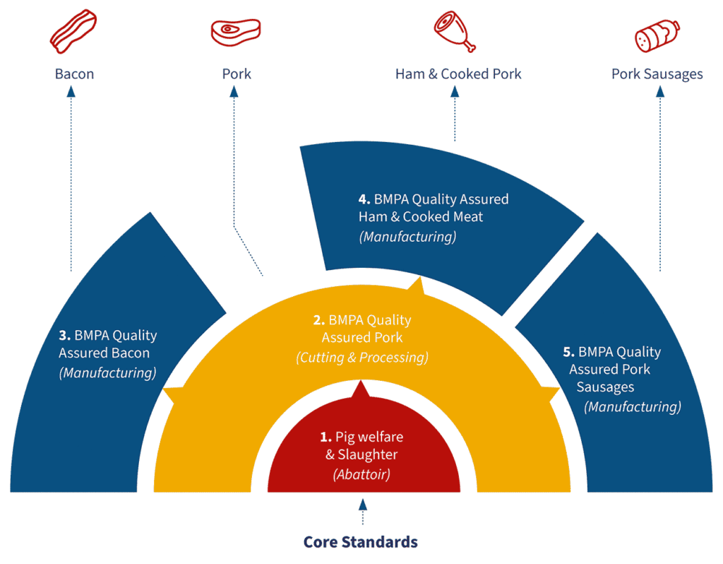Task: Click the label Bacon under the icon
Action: (x=74, y=74)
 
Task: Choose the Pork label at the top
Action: (x=236, y=74)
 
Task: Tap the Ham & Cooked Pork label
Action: (x=458, y=74)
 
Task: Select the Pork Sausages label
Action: (x=657, y=74)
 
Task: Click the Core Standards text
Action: (x=361, y=542)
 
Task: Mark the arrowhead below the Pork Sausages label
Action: (x=660, y=93)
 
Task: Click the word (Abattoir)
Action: (x=361, y=474)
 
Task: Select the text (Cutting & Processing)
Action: (x=361, y=358)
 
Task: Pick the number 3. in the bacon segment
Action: (x=65, y=336)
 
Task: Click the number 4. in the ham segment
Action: (x=364, y=200)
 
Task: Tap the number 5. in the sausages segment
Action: (x=569, y=352)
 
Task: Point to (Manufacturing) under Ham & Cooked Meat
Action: (x=407, y=237)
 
